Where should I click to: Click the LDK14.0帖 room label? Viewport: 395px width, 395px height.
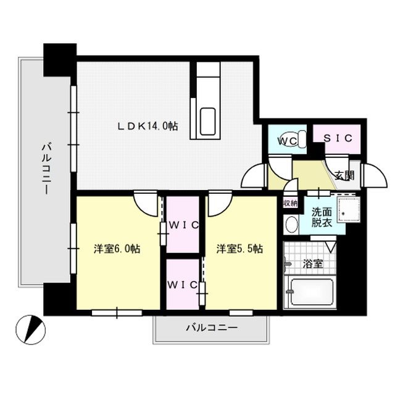(148, 126)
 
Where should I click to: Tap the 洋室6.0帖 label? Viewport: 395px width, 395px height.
(117, 249)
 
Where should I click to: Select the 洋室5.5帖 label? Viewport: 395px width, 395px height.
(239, 249)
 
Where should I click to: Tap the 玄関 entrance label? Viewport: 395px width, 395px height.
(344, 175)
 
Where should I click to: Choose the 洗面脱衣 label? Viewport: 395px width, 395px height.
(322, 217)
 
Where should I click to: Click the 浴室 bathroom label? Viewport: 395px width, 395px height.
(313, 264)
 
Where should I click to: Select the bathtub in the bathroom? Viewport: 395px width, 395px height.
(312, 292)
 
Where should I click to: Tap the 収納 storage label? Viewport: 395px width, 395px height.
(291, 203)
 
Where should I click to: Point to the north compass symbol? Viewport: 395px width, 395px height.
(30, 330)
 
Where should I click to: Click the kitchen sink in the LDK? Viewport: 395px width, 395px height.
(207, 122)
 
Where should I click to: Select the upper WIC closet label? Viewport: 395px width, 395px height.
(184, 225)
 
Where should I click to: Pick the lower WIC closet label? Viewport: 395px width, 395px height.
(182, 285)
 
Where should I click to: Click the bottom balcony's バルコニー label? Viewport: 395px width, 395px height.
(212, 328)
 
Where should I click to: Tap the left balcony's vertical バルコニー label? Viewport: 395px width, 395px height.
(47, 168)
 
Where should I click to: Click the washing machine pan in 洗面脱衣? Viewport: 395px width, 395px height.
(349, 210)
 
